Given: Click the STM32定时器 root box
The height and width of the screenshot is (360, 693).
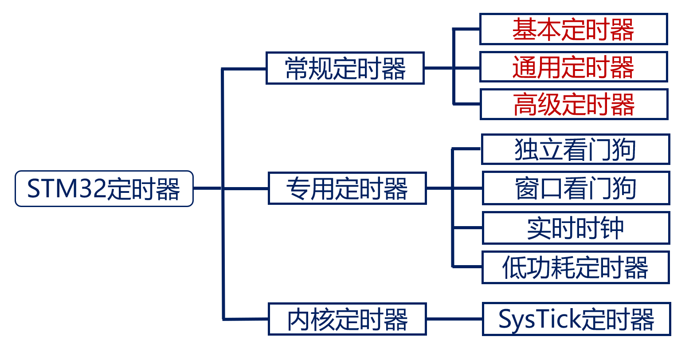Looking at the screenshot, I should (x=104, y=188).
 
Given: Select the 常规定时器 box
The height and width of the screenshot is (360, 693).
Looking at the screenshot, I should (x=345, y=68).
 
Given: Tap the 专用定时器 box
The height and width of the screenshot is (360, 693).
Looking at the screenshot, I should (x=347, y=188).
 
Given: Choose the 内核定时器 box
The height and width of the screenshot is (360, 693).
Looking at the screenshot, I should (x=347, y=319).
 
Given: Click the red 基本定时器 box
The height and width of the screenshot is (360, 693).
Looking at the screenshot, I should (x=573, y=29).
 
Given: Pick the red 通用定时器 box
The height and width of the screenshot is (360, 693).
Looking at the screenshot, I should (x=573, y=67).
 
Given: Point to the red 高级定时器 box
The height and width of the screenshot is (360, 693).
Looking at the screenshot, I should (x=574, y=105).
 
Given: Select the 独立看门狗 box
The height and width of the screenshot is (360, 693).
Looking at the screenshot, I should (x=575, y=149).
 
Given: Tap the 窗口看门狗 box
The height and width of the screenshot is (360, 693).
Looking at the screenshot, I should (x=576, y=188).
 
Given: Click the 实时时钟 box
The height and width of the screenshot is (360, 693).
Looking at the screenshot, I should (x=576, y=228).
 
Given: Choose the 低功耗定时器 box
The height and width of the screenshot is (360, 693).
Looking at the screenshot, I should (x=575, y=267).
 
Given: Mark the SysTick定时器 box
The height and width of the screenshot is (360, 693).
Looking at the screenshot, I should (x=576, y=319).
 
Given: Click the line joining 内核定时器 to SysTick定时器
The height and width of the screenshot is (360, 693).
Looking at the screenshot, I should (x=454, y=319).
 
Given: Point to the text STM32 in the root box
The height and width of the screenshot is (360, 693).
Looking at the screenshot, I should (x=67, y=189).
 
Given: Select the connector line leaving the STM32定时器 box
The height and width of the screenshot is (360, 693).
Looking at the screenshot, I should (x=208, y=188).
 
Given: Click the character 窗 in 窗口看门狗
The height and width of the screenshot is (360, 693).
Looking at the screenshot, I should (x=527, y=189).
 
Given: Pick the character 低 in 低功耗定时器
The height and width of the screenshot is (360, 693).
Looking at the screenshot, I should (x=514, y=268).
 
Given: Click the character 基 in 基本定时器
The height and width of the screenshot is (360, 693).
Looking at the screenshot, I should (x=525, y=30).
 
